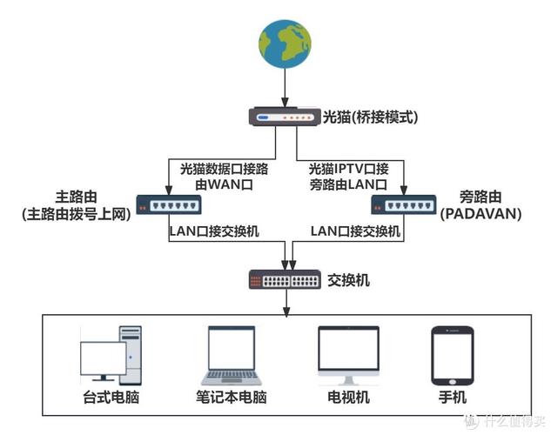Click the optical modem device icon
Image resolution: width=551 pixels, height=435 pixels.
tap(285, 117)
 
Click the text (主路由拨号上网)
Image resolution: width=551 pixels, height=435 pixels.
tap(75, 213)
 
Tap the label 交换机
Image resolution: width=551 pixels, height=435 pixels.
tap(349, 280)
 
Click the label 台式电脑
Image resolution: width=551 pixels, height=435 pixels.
tap(107, 398)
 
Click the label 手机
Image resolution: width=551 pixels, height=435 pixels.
tap(452, 398)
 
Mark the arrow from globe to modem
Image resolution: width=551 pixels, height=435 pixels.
tap(285, 88)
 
